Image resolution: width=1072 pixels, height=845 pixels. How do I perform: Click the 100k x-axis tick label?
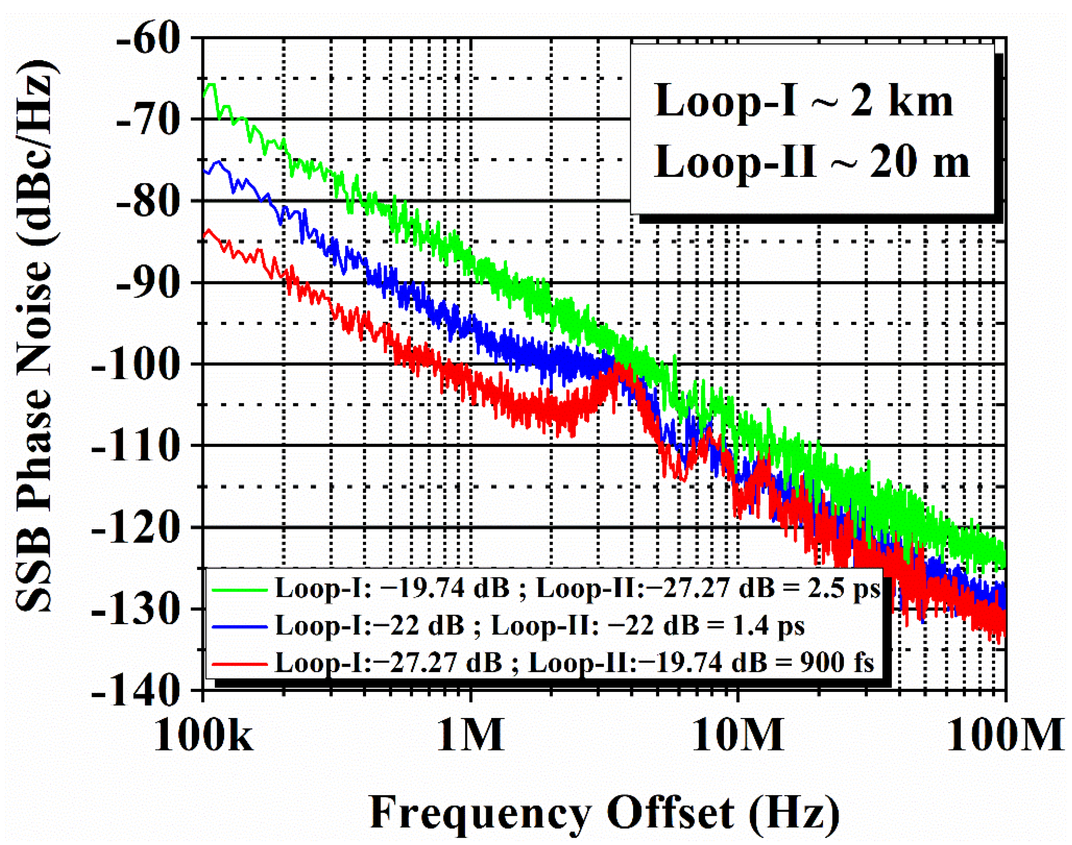(203, 736)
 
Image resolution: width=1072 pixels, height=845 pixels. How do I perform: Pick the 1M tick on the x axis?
(470, 736)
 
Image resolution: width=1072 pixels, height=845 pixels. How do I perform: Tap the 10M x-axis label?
(738, 736)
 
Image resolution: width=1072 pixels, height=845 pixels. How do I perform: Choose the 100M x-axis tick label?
(1005, 736)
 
